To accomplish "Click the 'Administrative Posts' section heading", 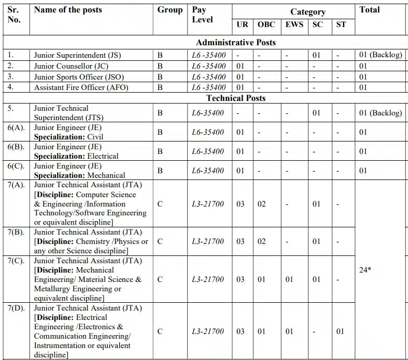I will (236, 42).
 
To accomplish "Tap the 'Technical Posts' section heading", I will (236, 98).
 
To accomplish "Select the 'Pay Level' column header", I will (202, 15).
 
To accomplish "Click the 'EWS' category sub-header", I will (295, 24).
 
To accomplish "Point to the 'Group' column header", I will (170, 10).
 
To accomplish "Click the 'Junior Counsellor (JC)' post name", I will (71, 66).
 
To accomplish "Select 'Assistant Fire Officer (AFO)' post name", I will (81, 87).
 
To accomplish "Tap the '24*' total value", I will (365, 269).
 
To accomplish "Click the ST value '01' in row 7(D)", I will (340, 331).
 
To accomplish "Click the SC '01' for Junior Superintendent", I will (317, 55).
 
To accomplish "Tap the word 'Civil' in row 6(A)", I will (95, 137).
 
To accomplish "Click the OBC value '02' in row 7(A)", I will (262, 204).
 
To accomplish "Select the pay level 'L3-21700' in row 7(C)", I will (208, 279).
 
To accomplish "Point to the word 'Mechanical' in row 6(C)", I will (106, 175).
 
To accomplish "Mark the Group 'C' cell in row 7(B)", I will (160, 241).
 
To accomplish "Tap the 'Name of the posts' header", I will (68, 10).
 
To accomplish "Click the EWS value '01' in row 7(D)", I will (289, 331).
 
